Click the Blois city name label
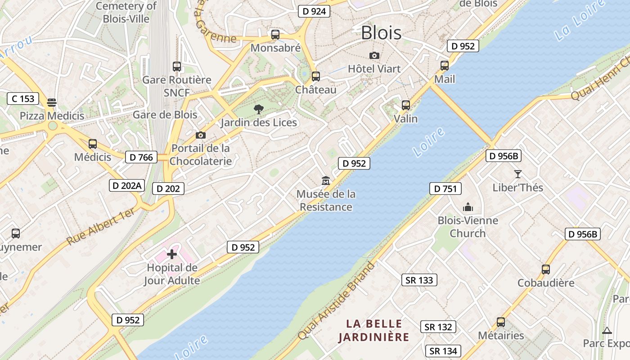[x=381, y=32]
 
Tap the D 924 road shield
[x=314, y=11]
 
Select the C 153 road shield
[x=23, y=99]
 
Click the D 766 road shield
[x=141, y=157]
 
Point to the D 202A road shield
[x=127, y=185]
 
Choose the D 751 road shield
[x=445, y=189]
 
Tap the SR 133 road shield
[x=419, y=280]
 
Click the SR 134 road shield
[x=443, y=351]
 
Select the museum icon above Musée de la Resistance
[x=326, y=181]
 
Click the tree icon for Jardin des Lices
[x=258, y=109]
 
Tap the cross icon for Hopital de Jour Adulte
[x=172, y=254]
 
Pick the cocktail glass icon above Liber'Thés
[x=517, y=174]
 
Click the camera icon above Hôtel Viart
[x=374, y=56]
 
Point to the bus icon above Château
[x=316, y=76]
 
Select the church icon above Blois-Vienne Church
[x=468, y=207]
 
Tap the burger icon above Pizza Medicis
[x=52, y=103]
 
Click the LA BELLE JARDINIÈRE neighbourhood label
[x=374, y=330]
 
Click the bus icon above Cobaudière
[x=546, y=270]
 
